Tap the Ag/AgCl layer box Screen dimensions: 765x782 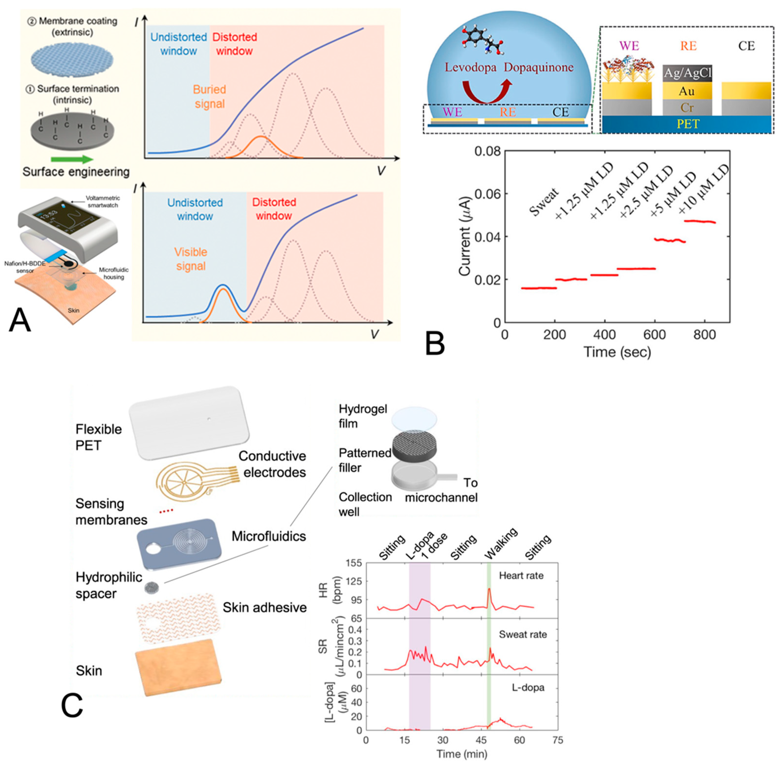pyautogui.click(x=687, y=73)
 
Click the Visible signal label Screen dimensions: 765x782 pyautogui.click(x=191, y=259)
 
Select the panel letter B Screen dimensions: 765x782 pyautogui.click(x=435, y=344)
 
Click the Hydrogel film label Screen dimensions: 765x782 pyautogui.click(x=363, y=416)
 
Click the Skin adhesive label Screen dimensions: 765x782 pyautogui.click(x=265, y=608)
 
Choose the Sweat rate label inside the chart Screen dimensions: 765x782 pyautogui.click(x=523, y=634)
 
